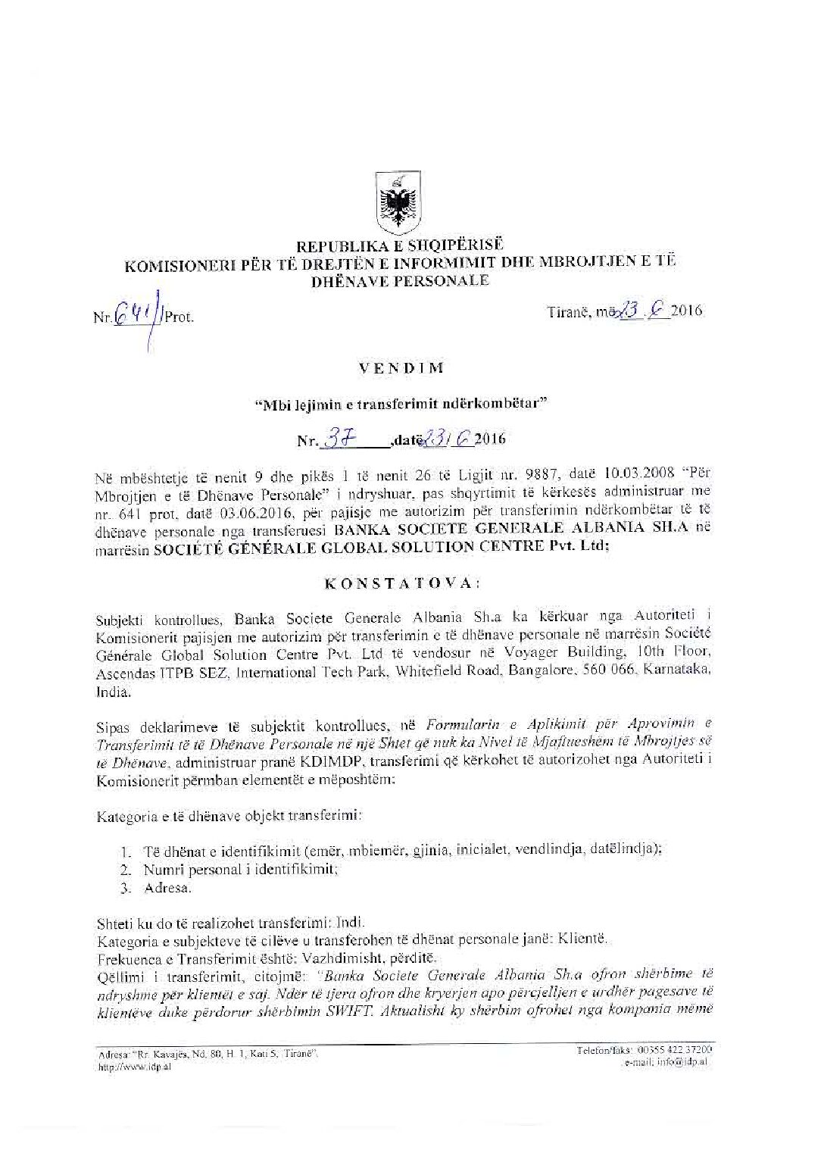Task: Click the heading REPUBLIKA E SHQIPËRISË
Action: [x=400, y=245]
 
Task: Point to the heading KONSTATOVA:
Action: [x=401, y=583]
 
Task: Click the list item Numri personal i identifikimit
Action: [x=240, y=869]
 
